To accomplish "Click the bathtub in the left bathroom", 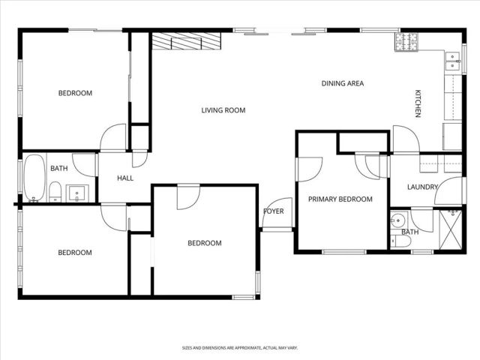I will click(34, 178).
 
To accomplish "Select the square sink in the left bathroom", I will click(79, 194).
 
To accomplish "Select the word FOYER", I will click(274, 211).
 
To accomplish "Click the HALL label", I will click(125, 178).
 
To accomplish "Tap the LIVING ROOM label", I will click(223, 111).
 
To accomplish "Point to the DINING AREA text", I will click(343, 83).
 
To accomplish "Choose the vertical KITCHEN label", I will click(418, 103).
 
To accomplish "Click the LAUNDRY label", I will click(422, 187).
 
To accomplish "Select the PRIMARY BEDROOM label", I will click(340, 199).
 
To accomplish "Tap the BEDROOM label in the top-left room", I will click(75, 93).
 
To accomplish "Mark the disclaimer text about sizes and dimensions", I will click(239, 348).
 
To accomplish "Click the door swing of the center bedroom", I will click(187, 197).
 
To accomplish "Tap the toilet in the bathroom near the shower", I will click(395, 241).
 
